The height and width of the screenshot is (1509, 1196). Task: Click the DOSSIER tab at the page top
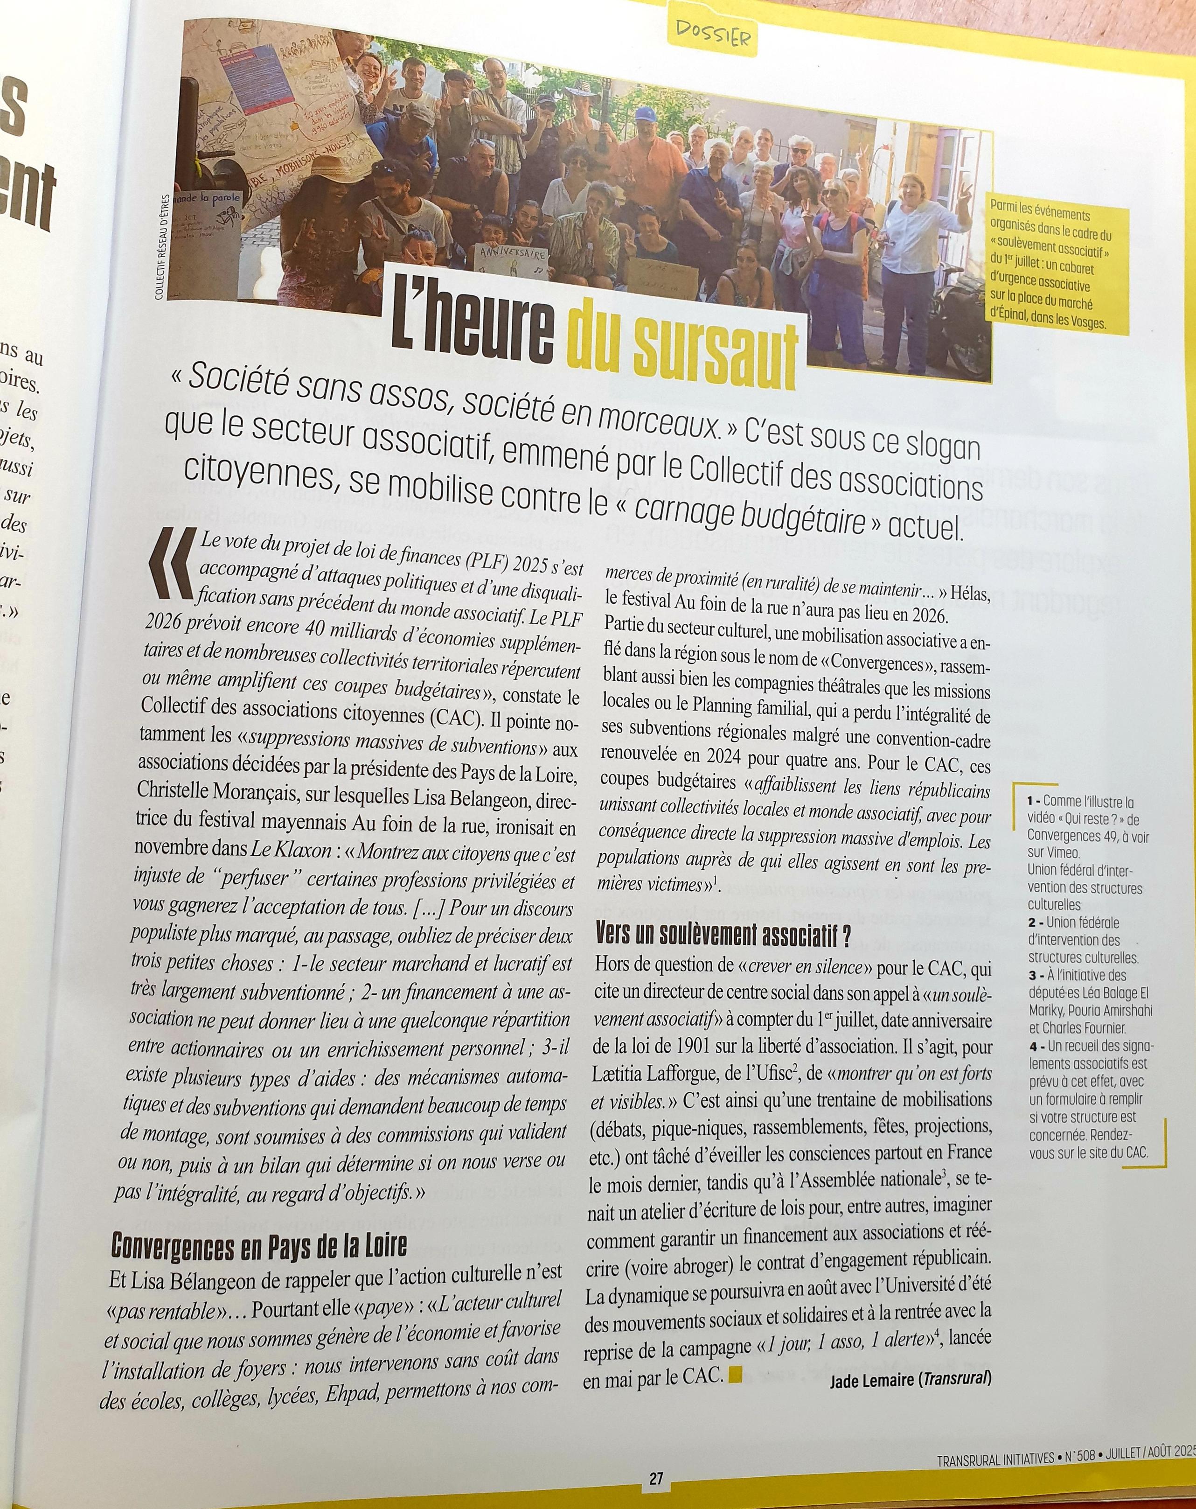pos(712,33)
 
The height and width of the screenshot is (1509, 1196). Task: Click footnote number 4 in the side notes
pos(1033,1048)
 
